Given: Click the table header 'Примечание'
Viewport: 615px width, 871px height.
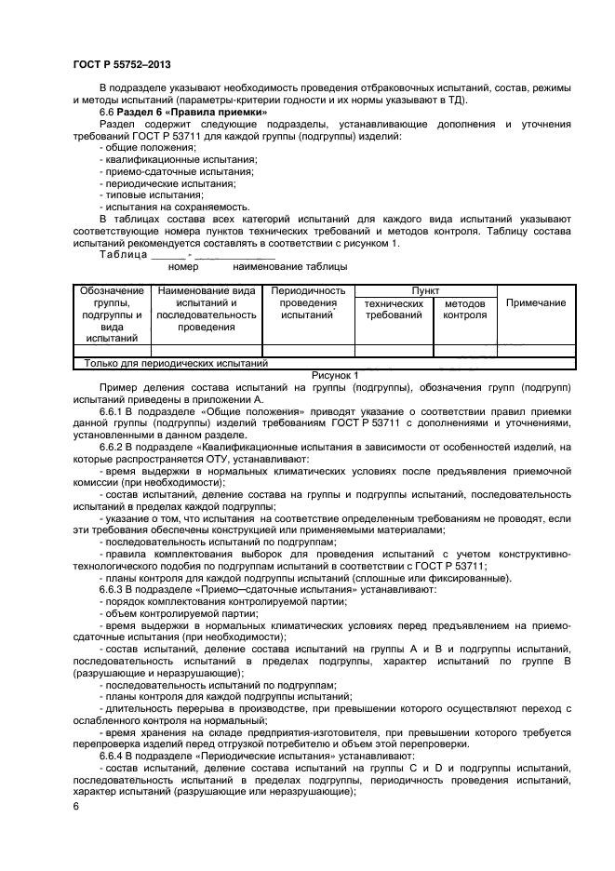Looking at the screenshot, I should click(535, 303).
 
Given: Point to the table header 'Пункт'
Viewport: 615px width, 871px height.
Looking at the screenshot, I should click(425, 291).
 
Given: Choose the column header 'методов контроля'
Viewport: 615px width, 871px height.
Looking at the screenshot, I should click(464, 309).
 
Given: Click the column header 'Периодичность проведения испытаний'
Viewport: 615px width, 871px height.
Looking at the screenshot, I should click(307, 303).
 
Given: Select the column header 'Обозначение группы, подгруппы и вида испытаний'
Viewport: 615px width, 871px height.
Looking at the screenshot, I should click(112, 315).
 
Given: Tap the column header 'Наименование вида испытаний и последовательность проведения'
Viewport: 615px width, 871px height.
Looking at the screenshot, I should click(207, 309).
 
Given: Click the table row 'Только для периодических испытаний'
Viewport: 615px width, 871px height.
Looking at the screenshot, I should click(176, 364).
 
